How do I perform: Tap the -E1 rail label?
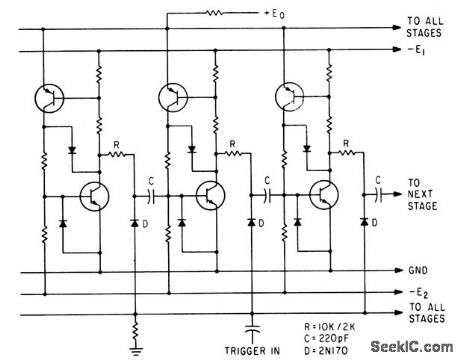click(x=419, y=51)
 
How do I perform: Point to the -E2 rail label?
click(x=419, y=292)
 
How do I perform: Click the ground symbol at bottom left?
click(x=137, y=348)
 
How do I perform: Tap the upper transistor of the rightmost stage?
click(x=290, y=98)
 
